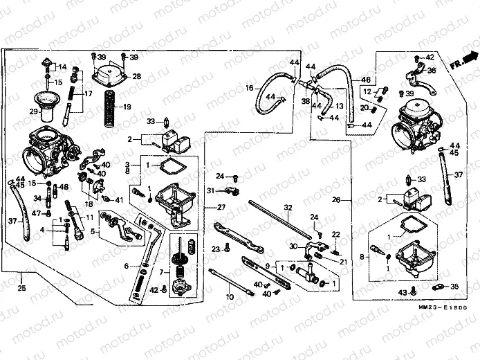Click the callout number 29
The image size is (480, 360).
33,111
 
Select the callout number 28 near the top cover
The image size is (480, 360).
136,76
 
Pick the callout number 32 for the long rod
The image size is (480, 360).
288,207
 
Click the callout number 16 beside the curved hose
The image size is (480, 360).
250,88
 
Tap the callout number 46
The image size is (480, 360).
366,80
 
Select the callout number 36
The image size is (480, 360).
432,70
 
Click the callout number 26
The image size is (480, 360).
336,201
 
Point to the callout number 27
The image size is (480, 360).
221,207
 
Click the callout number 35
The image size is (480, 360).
454,286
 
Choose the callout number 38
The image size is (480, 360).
305,100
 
